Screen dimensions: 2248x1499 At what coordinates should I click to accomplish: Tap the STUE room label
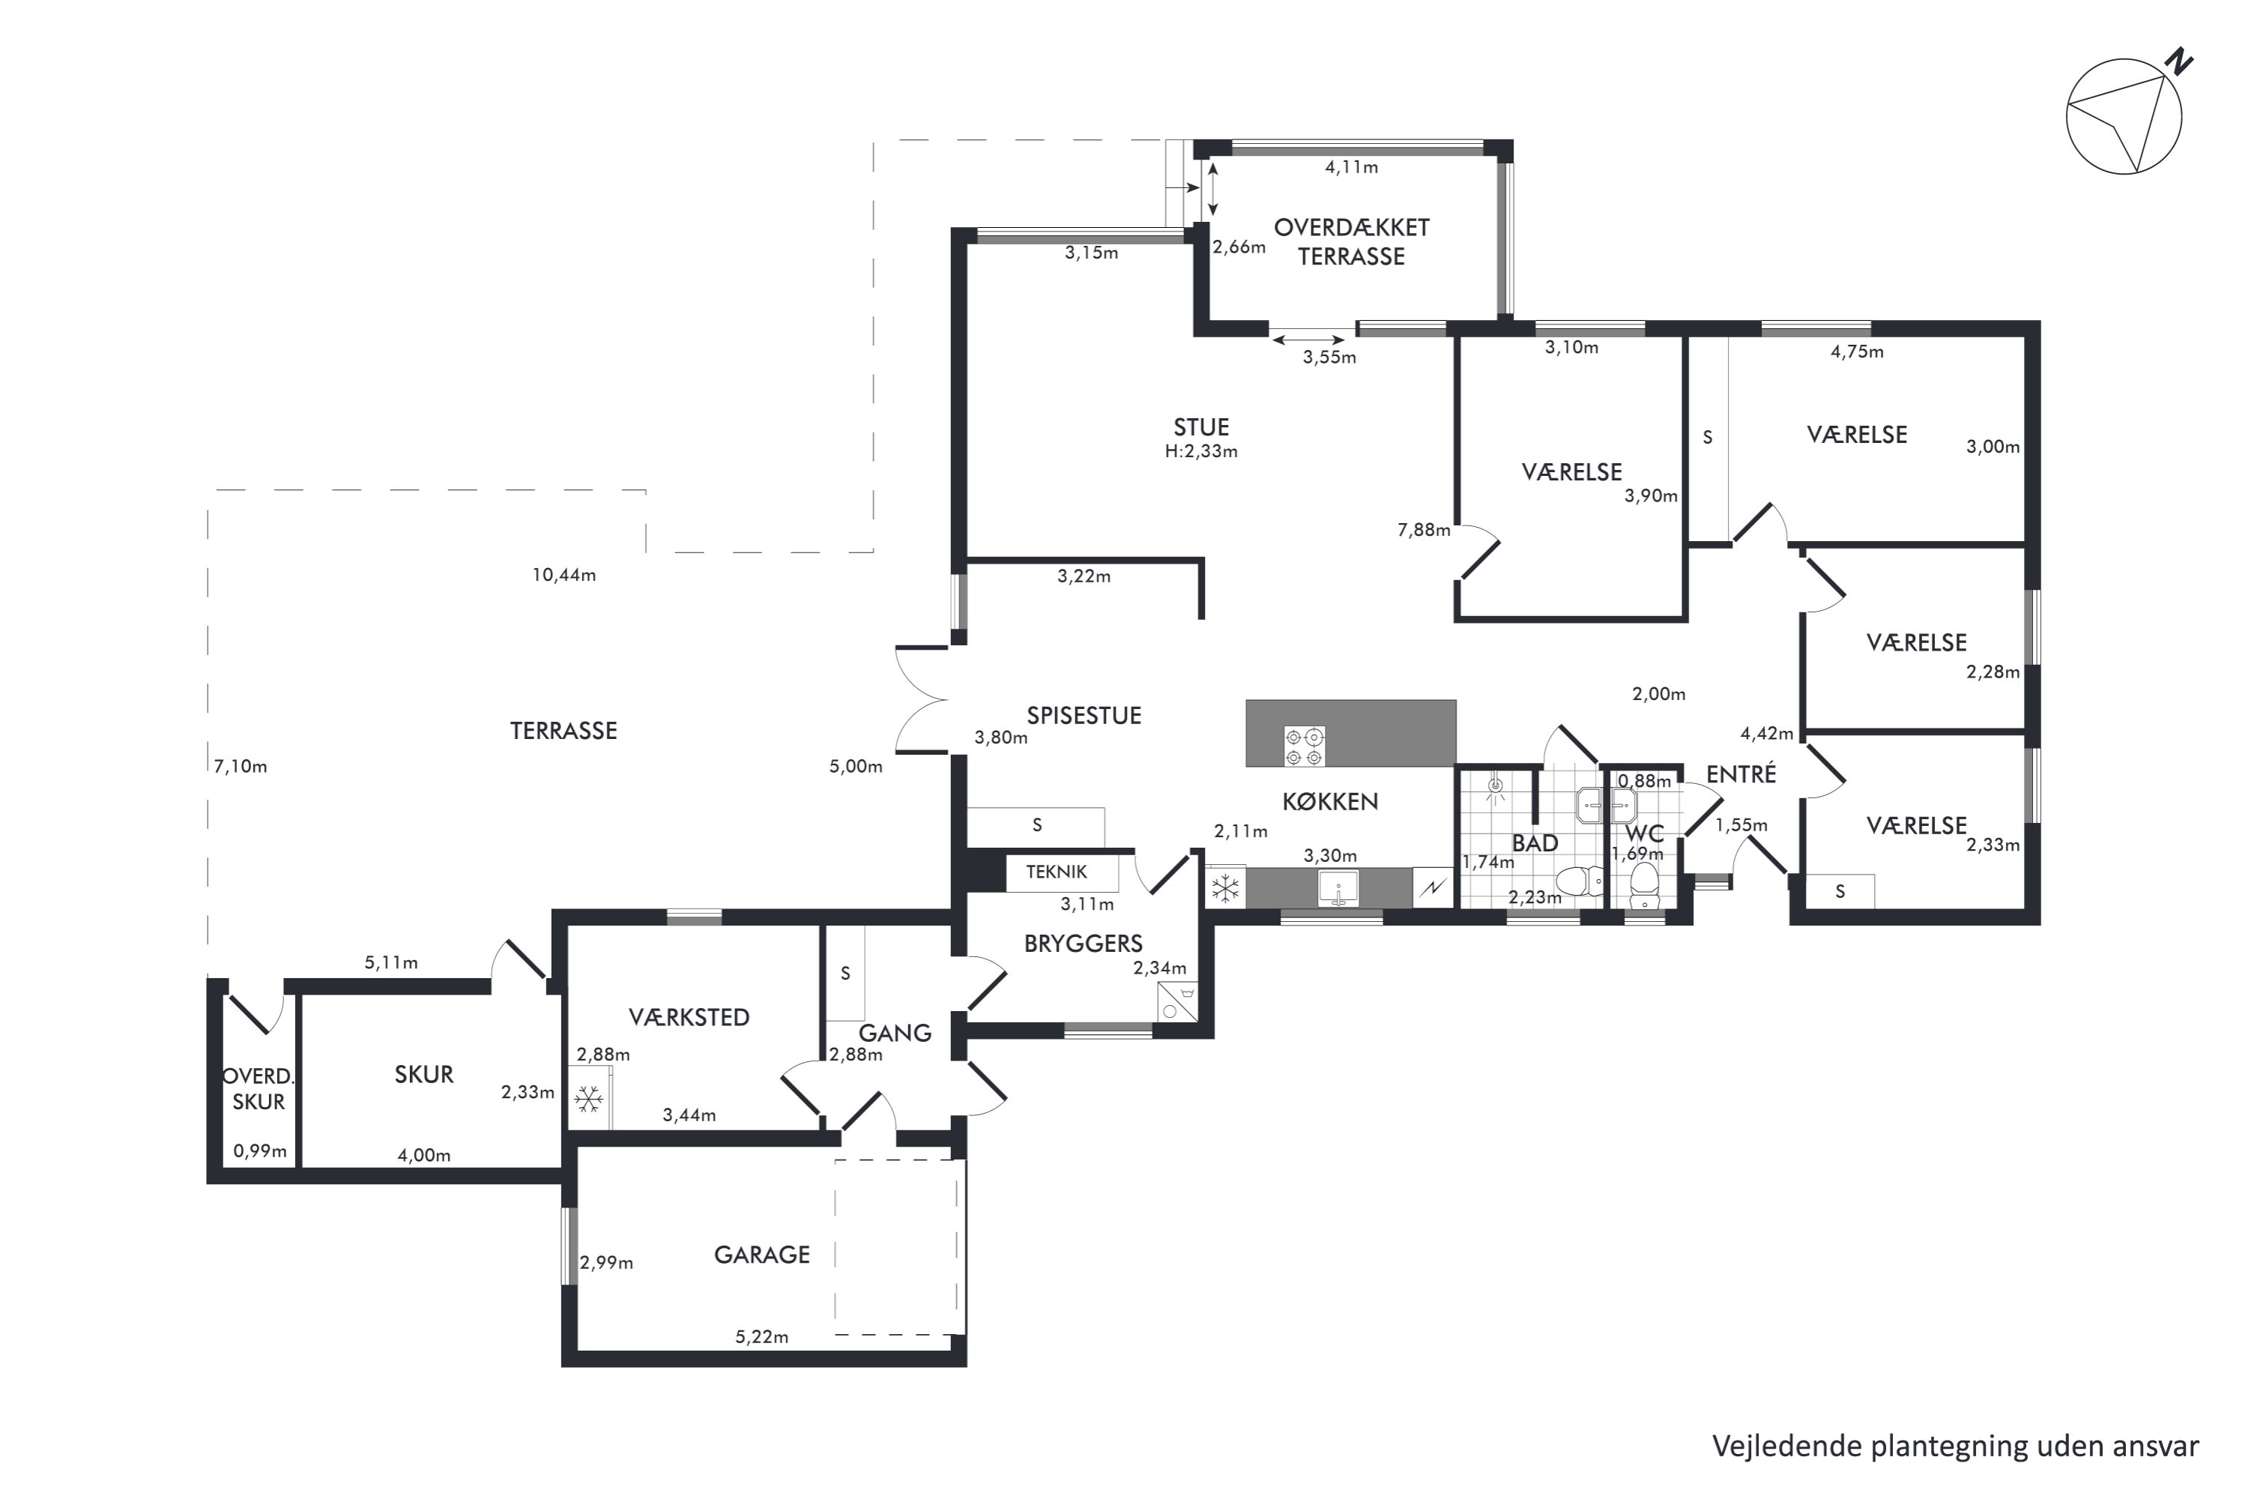pyautogui.click(x=1201, y=427)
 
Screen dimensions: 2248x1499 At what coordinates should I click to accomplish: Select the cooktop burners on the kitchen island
pyautogui.click(x=1304, y=747)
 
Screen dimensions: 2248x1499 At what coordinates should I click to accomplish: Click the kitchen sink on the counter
pyautogui.click(x=1338, y=888)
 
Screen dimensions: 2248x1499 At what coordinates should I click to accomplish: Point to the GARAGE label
pyautogui.click(x=762, y=1254)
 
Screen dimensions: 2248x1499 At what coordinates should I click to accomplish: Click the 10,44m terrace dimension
pyautogui.click(x=564, y=575)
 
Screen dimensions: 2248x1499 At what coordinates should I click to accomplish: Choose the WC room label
pyautogui.click(x=1644, y=833)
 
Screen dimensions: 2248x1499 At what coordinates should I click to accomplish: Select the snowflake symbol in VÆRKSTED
pyautogui.click(x=587, y=1100)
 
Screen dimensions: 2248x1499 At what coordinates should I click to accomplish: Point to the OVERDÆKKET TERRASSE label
pyautogui.click(x=1352, y=242)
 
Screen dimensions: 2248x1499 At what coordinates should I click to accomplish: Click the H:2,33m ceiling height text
pyautogui.click(x=1201, y=451)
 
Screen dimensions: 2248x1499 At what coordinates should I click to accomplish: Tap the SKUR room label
pyautogui.click(x=423, y=1075)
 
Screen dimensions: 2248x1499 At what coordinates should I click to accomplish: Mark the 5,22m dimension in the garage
pyautogui.click(x=762, y=1336)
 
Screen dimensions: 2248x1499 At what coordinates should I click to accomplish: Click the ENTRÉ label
pyautogui.click(x=1741, y=773)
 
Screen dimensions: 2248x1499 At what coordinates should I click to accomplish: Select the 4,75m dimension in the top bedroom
pyautogui.click(x=1857, y=352)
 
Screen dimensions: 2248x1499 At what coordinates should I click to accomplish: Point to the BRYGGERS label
pyautogui.click(x=1083, y=944)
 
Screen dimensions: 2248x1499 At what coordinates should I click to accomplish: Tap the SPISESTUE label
pyautogui.click(x=1084, y=715)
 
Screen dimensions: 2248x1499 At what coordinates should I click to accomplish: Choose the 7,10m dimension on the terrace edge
pyautogui.click(x=241, y=767)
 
